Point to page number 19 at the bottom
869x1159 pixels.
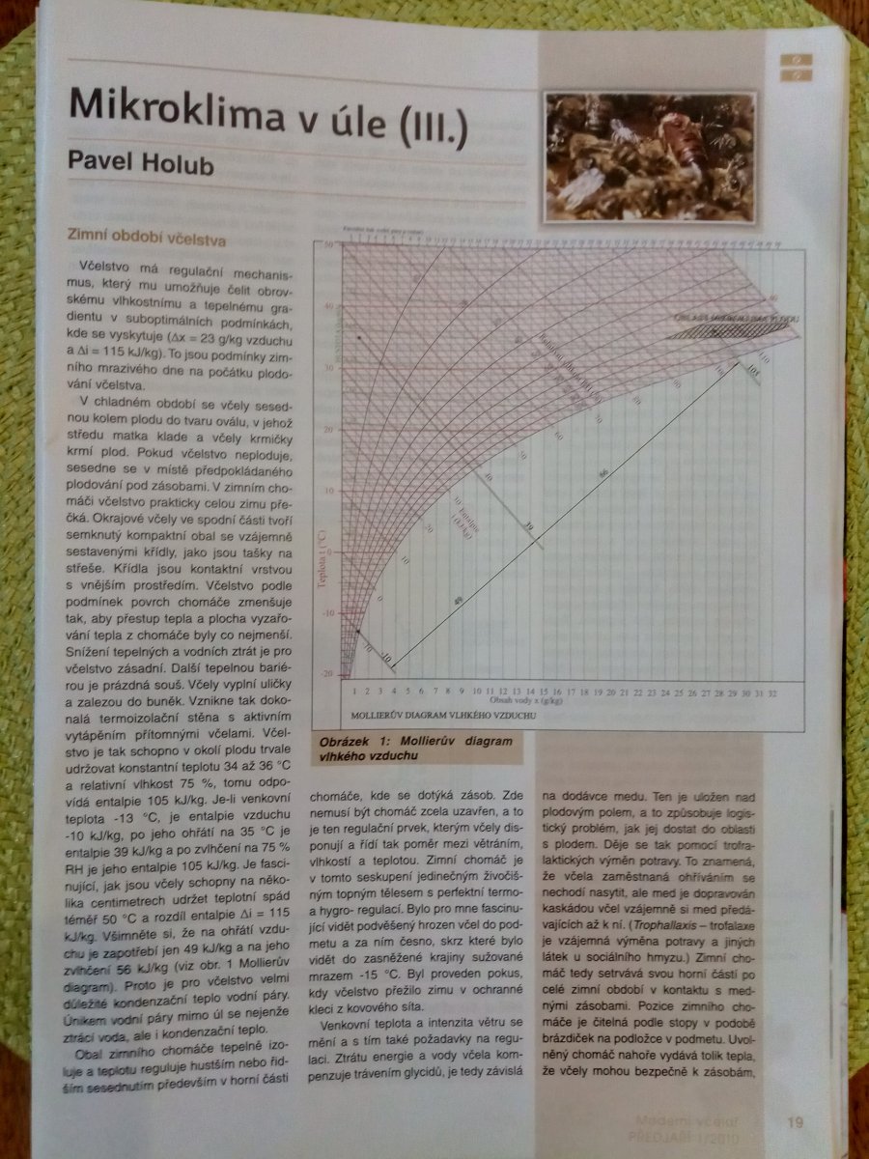(x=794, y=1121)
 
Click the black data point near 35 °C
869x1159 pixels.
(x=358, y=337)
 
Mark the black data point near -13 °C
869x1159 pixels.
(x=357, y=631)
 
